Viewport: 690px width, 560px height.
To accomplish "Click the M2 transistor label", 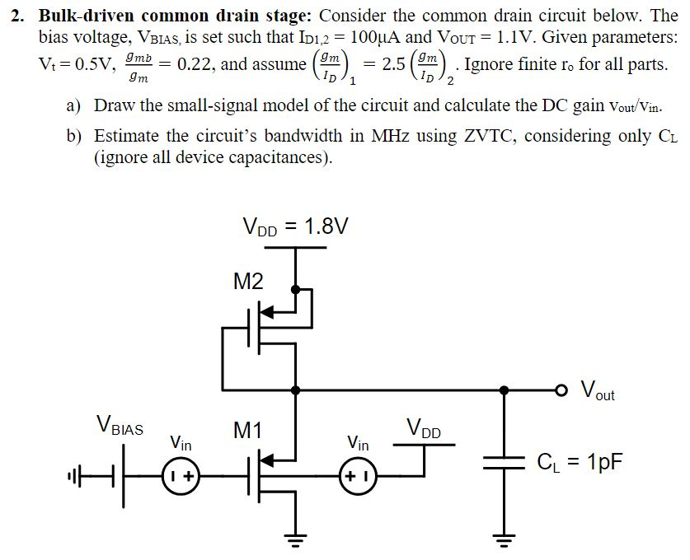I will coord(248,282).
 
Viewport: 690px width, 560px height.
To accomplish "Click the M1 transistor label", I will coord(247,429).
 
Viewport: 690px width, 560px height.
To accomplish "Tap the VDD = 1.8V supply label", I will coord(294,225).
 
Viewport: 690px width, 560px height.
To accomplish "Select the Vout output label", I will coord(598,390).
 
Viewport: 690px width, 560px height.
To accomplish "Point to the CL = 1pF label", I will coord(579,463).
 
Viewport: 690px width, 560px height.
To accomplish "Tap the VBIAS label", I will coord(120,427).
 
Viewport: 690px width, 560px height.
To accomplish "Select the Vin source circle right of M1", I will coord(358,476).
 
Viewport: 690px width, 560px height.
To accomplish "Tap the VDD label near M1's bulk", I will coord(424,428).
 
